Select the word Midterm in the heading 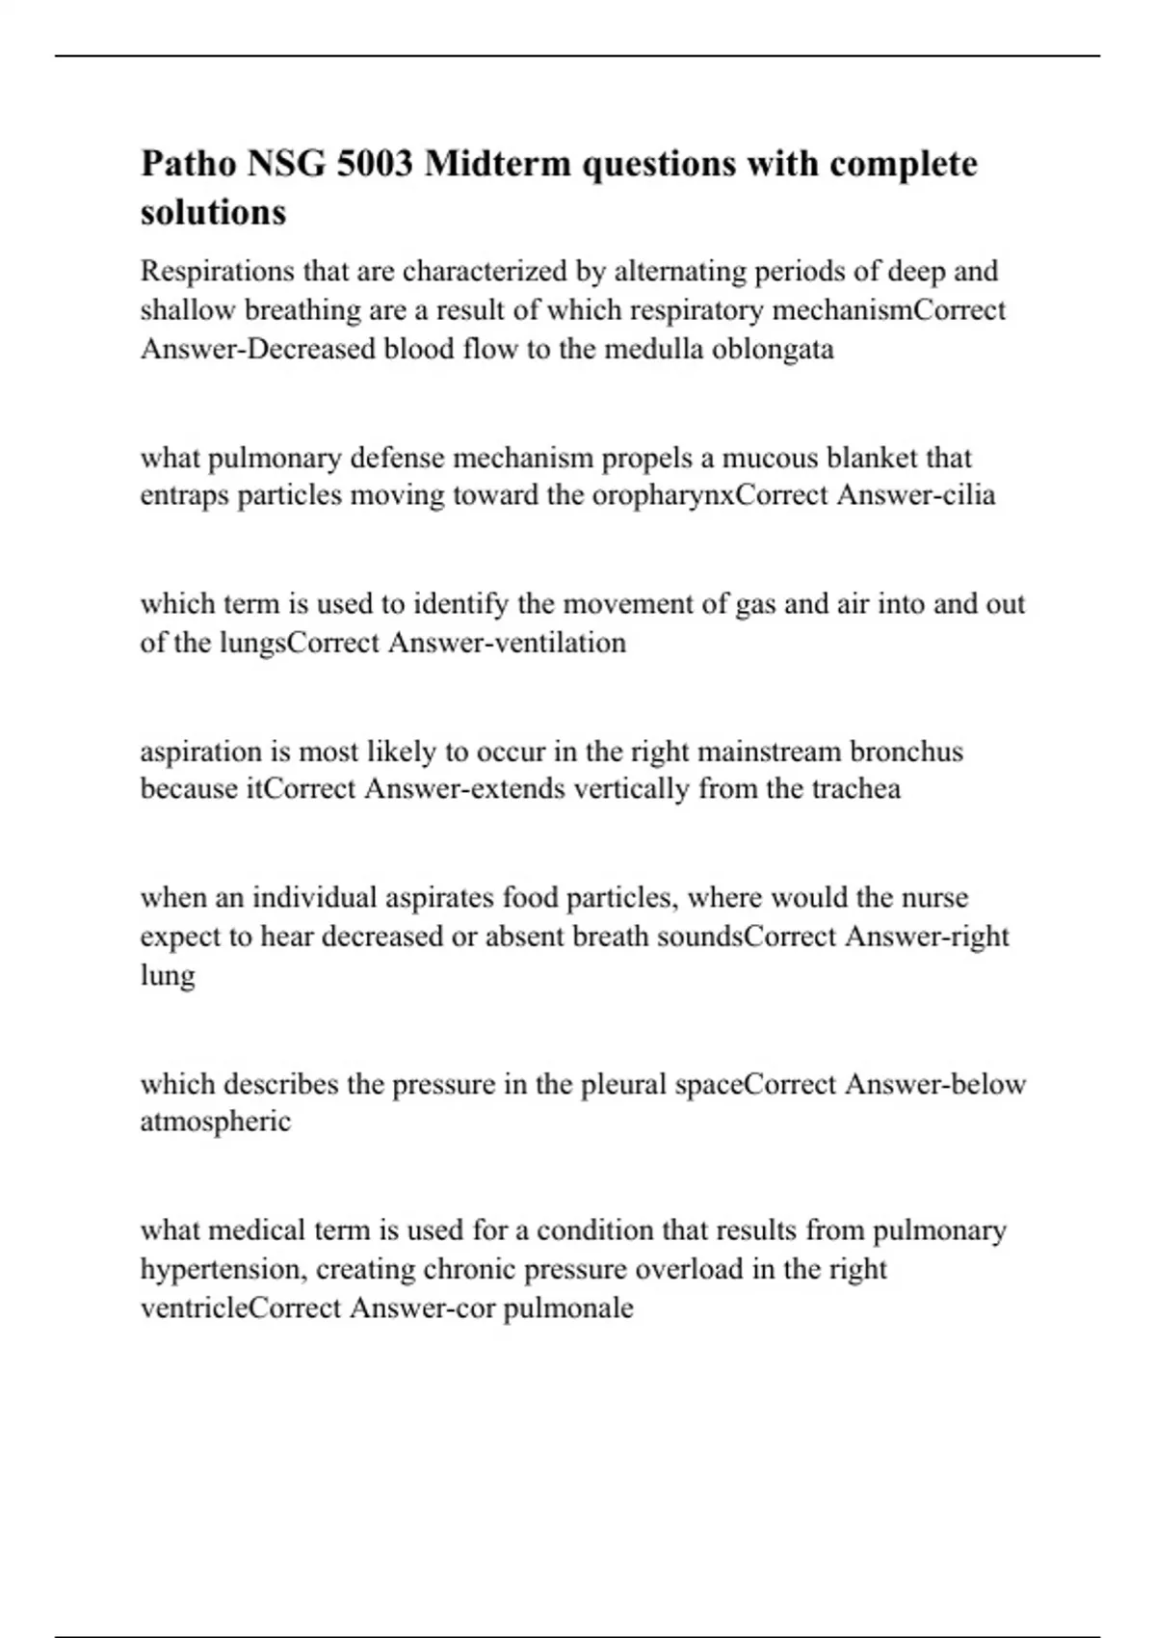pyautogui.click(x=497, y=164)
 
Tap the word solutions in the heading pyautogui.click(x=213, y=212)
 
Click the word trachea pyautogui.click(x=855, y=789)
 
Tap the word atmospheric pyautogui.click(x=215, y=1123)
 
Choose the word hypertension pyautogui.click(x=225, y=1270)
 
